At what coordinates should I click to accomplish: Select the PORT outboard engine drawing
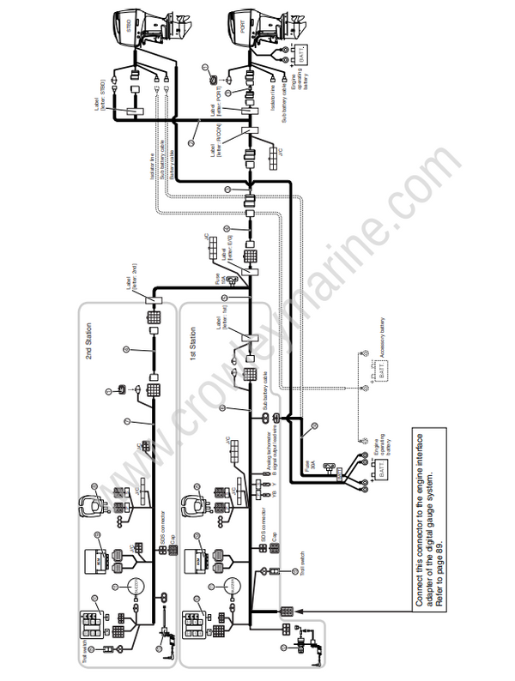tap(250, 31)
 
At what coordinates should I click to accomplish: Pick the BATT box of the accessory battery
tap(375, 370)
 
